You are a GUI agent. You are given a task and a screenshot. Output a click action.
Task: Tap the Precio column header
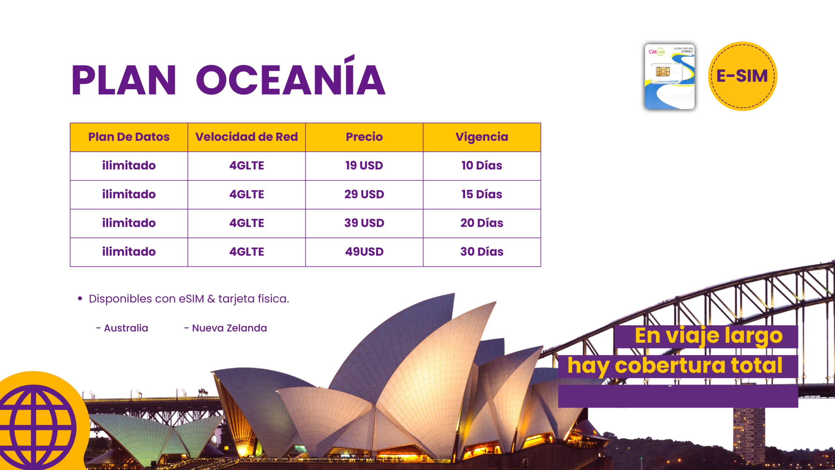(364, 137)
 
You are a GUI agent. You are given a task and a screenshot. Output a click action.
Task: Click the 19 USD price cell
(364, 165)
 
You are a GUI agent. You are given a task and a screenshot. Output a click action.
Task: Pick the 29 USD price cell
(364, 194)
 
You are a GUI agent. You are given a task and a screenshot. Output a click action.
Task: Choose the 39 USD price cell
(364, 223)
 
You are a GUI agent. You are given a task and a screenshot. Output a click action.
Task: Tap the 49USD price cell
(364, 252)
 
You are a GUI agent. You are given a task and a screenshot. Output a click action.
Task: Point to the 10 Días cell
(482, 165)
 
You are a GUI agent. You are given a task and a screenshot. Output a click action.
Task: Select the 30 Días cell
(482, 252)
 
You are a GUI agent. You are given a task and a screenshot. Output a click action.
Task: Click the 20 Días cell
(482, 223)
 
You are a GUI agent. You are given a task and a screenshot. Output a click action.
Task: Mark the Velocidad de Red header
(247, 137)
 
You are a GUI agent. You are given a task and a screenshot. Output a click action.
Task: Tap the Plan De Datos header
(129, 137)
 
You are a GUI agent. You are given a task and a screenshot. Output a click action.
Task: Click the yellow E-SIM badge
(743, 76)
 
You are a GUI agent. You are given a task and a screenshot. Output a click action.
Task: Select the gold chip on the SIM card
(663, 71)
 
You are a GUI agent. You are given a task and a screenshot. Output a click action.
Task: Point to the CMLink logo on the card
(657, 52)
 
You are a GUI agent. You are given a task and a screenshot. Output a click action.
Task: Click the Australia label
(126, 328)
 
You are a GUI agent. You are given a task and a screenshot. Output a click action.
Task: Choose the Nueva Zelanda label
(229, 328)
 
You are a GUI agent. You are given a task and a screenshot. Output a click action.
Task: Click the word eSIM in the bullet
(191, 299)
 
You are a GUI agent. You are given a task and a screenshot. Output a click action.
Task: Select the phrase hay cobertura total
(675, 366)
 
